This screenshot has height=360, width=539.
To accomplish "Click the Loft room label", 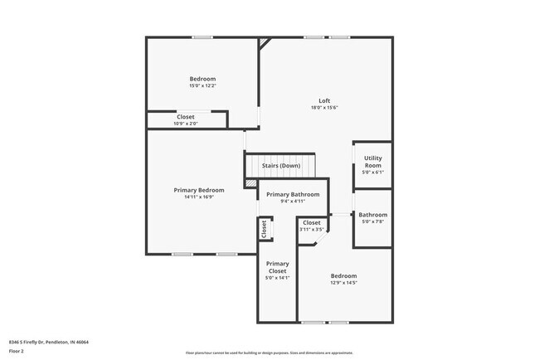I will [x=324, y=100].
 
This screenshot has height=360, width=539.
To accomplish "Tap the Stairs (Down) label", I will [x=281, y=166].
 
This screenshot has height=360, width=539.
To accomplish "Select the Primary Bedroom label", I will [x=199, y=190].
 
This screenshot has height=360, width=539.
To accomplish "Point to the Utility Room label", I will [x=372, y=161].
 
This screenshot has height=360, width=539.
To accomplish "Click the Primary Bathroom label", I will [x=294, y=194].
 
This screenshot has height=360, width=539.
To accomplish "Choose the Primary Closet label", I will [x=277, y=267].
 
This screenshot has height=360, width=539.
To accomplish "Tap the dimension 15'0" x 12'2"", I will [x=202, y=85].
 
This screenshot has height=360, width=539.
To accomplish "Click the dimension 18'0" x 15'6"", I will [x=324, y=107].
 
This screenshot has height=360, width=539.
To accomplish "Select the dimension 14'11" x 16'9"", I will [x=199, y=197].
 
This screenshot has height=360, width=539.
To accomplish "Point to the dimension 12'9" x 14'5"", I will [x=343, y=283].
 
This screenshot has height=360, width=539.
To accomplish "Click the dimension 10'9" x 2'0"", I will [x=186, y=124].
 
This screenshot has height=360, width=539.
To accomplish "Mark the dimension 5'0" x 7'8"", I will [x=373, y=221].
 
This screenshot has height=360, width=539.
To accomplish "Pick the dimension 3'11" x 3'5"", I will [x=312, y=229].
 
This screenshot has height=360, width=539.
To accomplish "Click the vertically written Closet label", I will [x=265, y=229].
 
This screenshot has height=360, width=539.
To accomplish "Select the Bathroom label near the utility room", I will [x=373, y=215].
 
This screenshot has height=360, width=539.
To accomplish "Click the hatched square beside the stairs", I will [x=251, y=182].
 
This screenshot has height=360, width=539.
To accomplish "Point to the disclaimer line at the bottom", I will [x=269, y=353].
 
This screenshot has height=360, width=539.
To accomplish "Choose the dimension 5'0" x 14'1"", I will [x=277, y=279].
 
